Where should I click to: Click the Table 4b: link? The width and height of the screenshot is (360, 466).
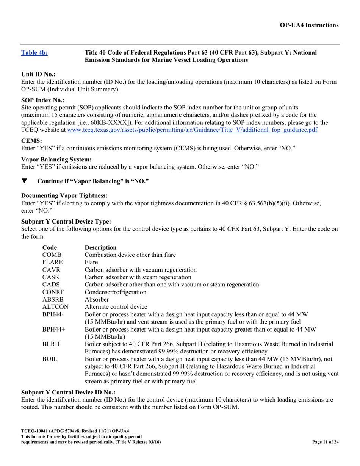[x=34, y=53]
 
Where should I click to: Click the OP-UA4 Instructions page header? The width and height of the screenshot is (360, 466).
[x=309, y=25]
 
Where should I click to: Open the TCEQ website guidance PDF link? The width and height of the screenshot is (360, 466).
[x=192, y=130]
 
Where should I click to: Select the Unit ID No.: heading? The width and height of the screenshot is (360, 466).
[x=39, y=75]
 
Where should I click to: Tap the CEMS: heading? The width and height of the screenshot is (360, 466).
[x=31, y=141]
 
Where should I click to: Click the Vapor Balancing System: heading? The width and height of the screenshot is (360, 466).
[x=56, y=160]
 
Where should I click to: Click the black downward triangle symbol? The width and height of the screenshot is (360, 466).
[x=24, y=181]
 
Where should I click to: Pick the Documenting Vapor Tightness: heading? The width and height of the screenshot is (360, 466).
[x=64, y=195]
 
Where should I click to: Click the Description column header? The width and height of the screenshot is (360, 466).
[x=100, y=248]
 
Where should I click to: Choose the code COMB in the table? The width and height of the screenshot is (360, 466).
[x=52, y=255]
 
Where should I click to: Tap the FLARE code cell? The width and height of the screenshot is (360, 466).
[x=52, y=263]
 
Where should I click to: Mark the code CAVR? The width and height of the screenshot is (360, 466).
[x=51, y=270]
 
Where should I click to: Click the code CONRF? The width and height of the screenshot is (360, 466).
[x=53, y=292]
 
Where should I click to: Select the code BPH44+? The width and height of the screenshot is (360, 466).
[x=54, y=329]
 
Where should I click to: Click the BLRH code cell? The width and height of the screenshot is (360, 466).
[x=51, y=344]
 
